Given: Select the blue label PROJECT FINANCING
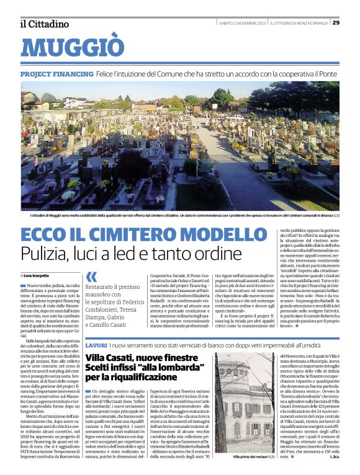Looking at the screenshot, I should click(x=56, y=74).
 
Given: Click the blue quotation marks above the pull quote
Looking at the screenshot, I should click(x=91, y=277).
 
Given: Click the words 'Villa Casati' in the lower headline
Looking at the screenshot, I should click(x=112, y=358).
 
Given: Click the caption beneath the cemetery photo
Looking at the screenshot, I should click(x=180, y=215).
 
